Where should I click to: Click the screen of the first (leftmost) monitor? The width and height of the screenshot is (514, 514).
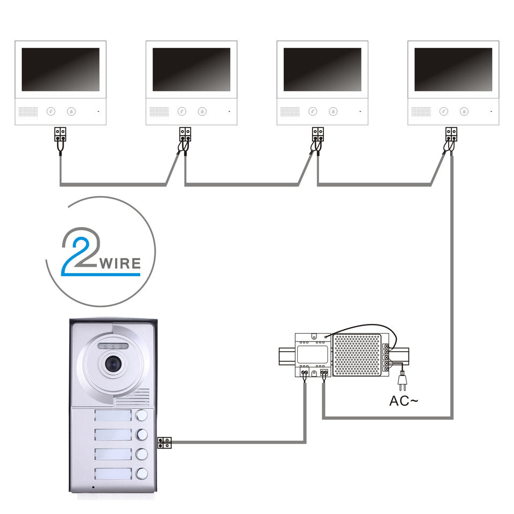(x=61, y=69)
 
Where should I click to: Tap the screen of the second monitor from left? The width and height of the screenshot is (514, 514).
(x=191, y=69)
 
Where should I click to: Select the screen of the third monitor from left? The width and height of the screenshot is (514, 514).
(x=322, y=69)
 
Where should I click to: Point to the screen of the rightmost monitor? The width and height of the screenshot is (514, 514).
(x=453, y=69)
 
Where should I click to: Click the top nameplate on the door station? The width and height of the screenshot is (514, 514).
(x=112, y=416)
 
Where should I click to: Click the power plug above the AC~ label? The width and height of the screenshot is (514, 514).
(x=400, y=381)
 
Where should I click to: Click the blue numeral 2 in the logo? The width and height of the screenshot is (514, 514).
(x=78, y=252)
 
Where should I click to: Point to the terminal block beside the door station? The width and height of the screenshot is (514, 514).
(x=165, y=443)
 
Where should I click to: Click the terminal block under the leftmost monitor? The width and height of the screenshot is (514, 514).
(x=61, y=133)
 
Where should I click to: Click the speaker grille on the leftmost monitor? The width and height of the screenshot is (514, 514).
(x=28, y=112)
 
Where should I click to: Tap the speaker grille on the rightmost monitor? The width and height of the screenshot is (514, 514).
(x=421, y=112)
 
